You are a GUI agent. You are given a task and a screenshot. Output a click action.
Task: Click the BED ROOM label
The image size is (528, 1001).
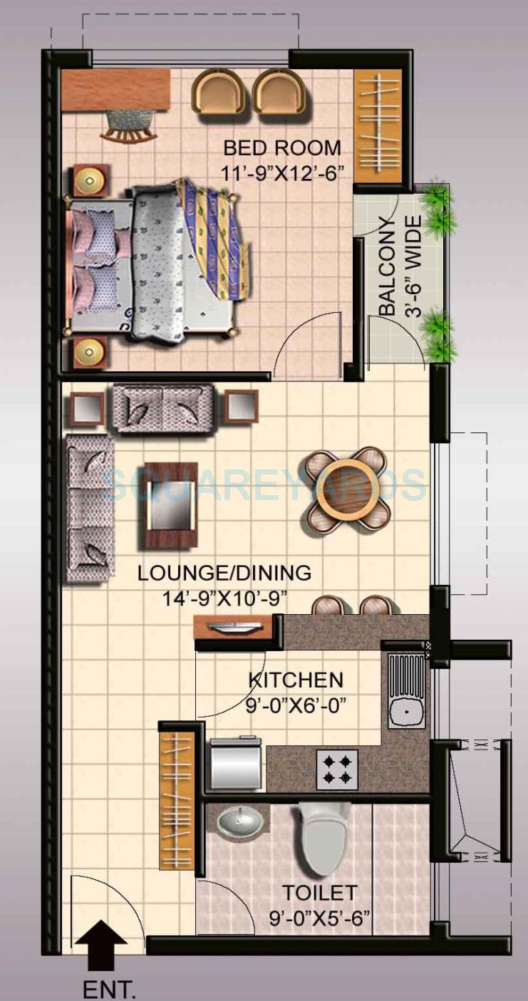282,148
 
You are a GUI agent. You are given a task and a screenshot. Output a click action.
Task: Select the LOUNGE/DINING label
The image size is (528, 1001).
224,573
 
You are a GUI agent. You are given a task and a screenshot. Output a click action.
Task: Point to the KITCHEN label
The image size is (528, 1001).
295,679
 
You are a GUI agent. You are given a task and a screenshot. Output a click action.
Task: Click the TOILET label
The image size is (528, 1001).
319,892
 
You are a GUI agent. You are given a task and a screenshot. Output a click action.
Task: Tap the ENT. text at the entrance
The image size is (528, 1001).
108,989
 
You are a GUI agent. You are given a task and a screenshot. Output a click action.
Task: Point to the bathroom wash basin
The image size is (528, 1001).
240,823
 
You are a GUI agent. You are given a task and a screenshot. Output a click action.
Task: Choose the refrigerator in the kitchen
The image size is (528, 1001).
234,764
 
